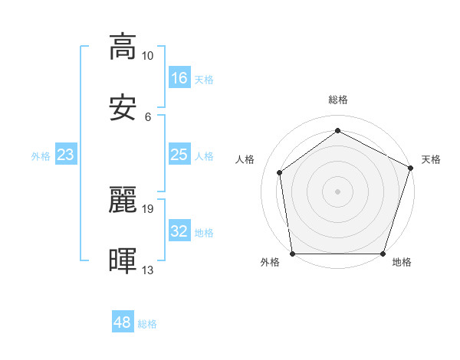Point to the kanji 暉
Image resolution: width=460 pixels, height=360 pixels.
point(123,261)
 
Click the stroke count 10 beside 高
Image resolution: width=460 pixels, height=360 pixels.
point(148,55)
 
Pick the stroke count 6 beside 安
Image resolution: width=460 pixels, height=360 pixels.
point(148,117)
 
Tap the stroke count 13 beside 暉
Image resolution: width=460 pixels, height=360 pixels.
point(148,270)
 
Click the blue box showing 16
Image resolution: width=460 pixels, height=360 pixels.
point(179,78)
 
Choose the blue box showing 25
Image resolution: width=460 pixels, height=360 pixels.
point(179,155)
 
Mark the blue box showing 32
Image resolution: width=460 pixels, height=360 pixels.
point(179,231)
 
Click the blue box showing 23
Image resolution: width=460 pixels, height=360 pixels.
point(66,155)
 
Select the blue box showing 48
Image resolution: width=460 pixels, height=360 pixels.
point(123,322)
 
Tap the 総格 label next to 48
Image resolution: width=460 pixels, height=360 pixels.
point(147,324)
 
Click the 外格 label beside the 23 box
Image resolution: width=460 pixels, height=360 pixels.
point(41,156)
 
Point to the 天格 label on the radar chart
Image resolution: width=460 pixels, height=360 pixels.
point(431,159)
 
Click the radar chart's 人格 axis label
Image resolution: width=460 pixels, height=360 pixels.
point(245,159)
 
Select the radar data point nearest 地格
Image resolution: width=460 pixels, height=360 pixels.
point(383,254)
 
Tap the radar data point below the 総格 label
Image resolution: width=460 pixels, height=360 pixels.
point(337,131)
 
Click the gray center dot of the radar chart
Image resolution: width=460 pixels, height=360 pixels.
point(337,191)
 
